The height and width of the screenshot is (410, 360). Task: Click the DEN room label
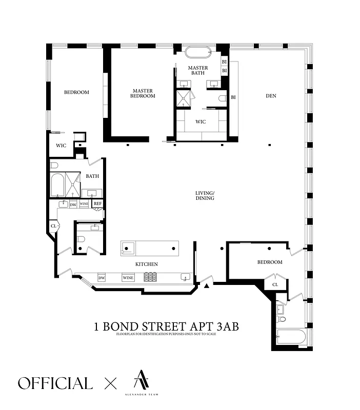coord(271,96)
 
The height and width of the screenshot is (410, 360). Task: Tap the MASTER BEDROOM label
coord(142,93)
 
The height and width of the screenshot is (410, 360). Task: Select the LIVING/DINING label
coord(205,195)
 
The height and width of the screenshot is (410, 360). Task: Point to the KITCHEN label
coord(146,264)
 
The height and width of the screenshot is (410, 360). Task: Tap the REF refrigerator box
coord(97,203)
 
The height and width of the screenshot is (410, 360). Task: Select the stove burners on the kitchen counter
coord(150,277)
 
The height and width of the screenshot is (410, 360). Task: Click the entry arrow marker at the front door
coord(207,286)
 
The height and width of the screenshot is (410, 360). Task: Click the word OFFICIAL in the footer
coord(55,383)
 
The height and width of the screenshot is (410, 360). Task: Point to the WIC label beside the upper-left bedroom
coord(62,145)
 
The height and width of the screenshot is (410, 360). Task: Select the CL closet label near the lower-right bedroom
coord(275,284)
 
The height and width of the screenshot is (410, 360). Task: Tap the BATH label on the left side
coord(92,176)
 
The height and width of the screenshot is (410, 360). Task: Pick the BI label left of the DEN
coord(233,97)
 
